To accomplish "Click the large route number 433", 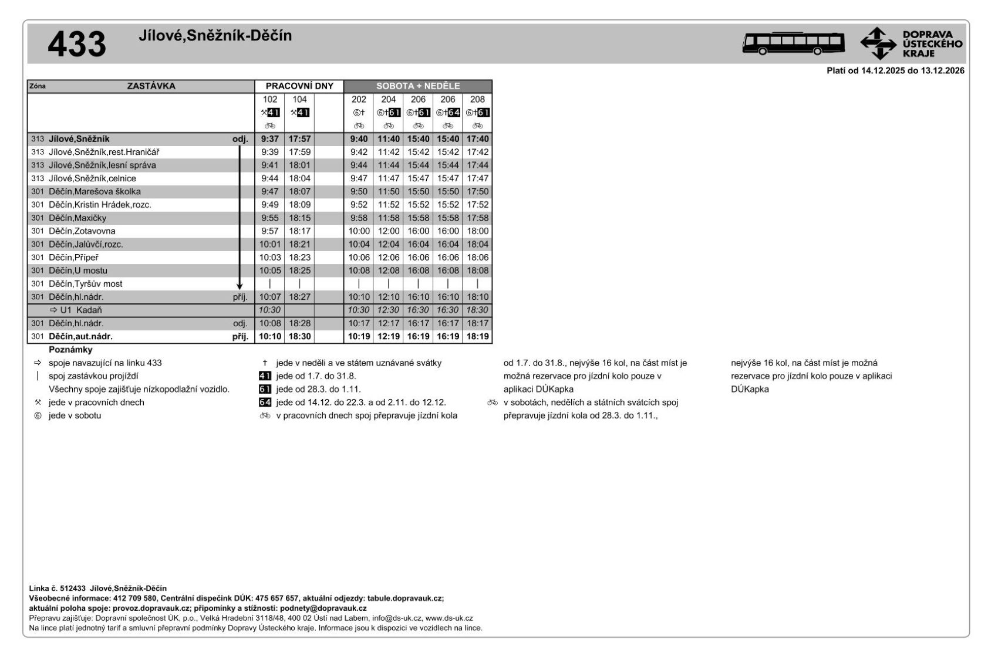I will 76,45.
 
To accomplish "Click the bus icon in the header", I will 793,43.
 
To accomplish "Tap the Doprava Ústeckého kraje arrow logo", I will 878,43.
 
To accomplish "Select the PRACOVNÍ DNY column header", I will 299,86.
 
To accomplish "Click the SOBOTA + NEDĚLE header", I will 418,86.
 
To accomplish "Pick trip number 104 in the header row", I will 299,100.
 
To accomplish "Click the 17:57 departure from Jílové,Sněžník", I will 299,139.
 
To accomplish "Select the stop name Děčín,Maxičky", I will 77,218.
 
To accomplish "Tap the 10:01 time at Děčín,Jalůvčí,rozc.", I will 270,245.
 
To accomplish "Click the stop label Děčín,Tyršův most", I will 86,284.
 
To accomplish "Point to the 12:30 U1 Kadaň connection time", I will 388,310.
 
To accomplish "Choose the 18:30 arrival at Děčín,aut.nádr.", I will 299,337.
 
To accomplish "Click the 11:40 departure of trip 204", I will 388,139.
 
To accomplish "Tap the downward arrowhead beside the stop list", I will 240,286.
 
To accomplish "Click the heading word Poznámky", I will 70,350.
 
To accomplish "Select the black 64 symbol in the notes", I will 265,403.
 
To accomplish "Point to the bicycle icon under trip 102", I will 270,126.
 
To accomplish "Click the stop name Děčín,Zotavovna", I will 82,231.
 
